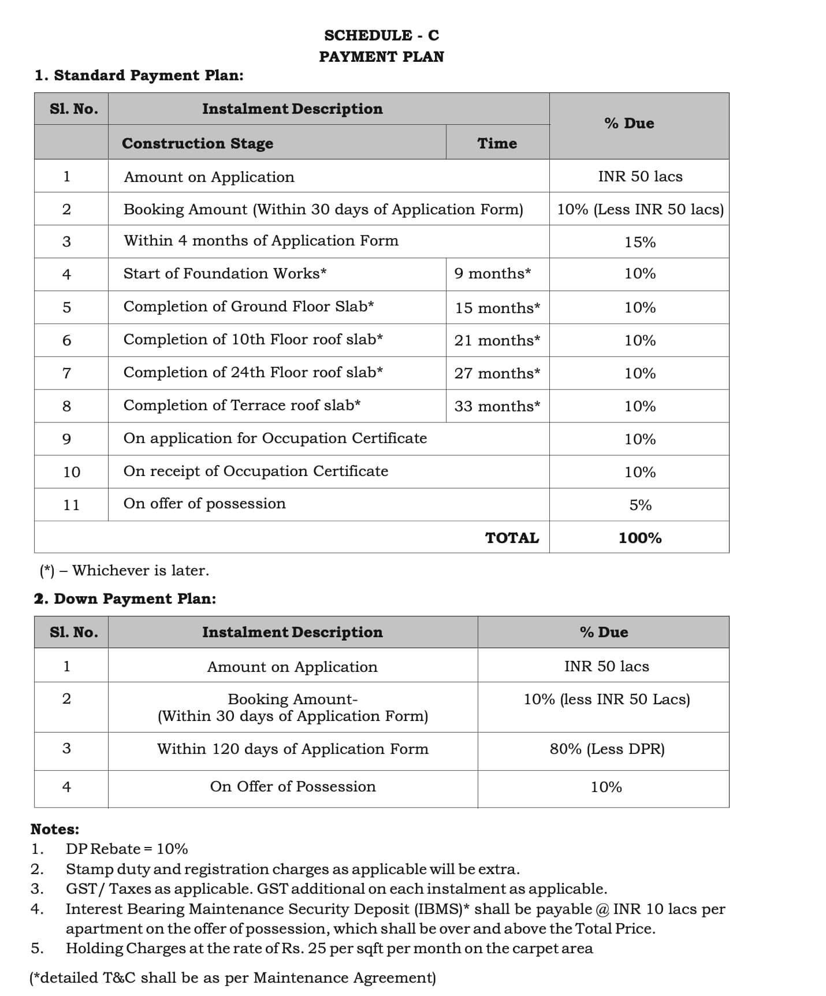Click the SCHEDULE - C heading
pyautogui.click(x=381, y=35)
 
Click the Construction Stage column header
pyautogui.click(x=198, y=143)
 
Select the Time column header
pyautogui.click(x=497, y=143)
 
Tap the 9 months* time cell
pyautogui.click(x=492, y=273)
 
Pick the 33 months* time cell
pyautogui.click(x=497, y=406)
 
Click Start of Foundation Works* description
pyautogui.click(x=225, y=273)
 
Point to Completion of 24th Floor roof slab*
pyautogui.click(x=253, y=373)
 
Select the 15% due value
pyautogui.click(x=639, y=242)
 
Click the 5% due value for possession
pyautogui.click(x=640, y=505)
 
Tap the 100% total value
pyautogui.click(x=639, y=538)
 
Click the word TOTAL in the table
pyautogui.click(x=512, y=538)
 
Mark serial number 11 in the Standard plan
pyautogui.click(x=71, y=505)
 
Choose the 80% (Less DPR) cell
pyautogui.click(x=607, y=749)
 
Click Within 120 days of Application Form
pyautogui.click(x=293, y=749)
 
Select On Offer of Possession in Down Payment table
pyautogui.click(x=293, y=787)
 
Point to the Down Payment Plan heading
pyautogui.click(x=125, y=599)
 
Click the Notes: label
pyautogui.click(x=55, y=829)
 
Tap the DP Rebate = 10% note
pyautogui.click(x=126, y=849)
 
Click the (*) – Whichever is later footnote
pyautogui.click(x=124, y=571)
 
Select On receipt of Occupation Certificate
pyautogui.click(x=255, y=471)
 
